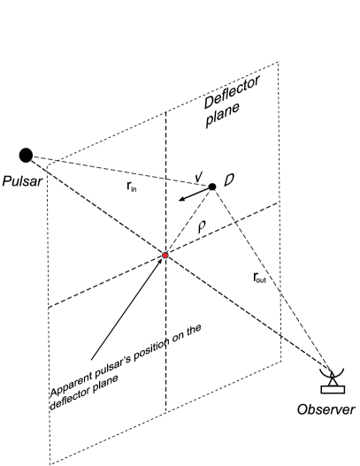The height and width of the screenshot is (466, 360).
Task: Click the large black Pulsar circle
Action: pos(27,156)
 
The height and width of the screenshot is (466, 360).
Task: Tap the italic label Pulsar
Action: pos(24,189)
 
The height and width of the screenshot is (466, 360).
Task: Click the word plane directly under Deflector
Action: pos(226,119)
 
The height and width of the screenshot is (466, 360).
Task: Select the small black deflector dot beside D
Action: pos(212,187)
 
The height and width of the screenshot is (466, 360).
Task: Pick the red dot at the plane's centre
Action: pos(165,256)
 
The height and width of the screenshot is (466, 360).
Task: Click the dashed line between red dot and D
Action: pos(188,221)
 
